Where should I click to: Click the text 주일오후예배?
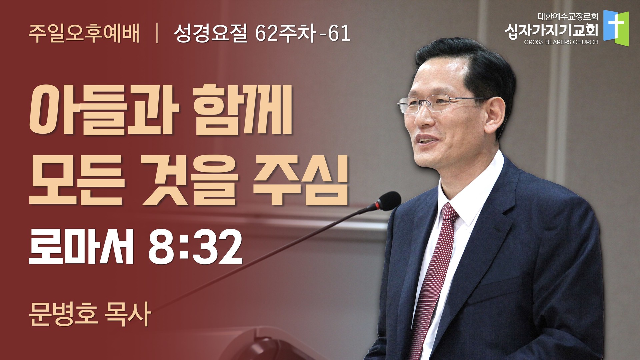point(84,34)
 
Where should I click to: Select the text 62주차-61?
point(303,34)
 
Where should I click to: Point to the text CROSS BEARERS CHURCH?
point(561,42)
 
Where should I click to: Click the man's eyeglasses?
point(440,104)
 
